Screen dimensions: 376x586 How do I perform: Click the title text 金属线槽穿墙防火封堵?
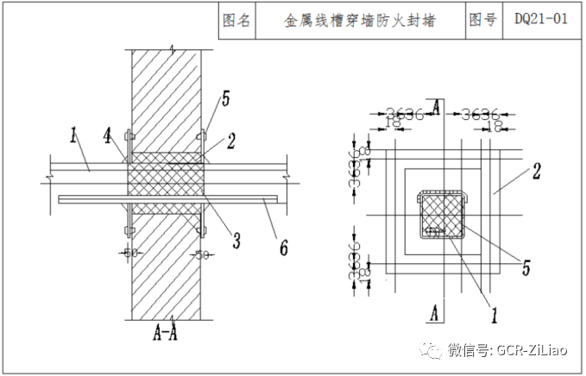click(360, 19)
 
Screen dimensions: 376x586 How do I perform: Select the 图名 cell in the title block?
click(236, 19)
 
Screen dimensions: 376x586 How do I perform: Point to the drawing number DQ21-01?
click(541, 19)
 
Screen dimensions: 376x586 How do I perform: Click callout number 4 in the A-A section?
click(108, 135)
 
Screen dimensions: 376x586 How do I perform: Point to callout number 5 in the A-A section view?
click(225, 99)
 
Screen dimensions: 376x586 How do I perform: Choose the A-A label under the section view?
click(165, 329)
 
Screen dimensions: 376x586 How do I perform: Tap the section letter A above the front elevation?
click(438, 107)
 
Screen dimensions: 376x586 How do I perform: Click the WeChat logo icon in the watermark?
click(427, 348)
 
